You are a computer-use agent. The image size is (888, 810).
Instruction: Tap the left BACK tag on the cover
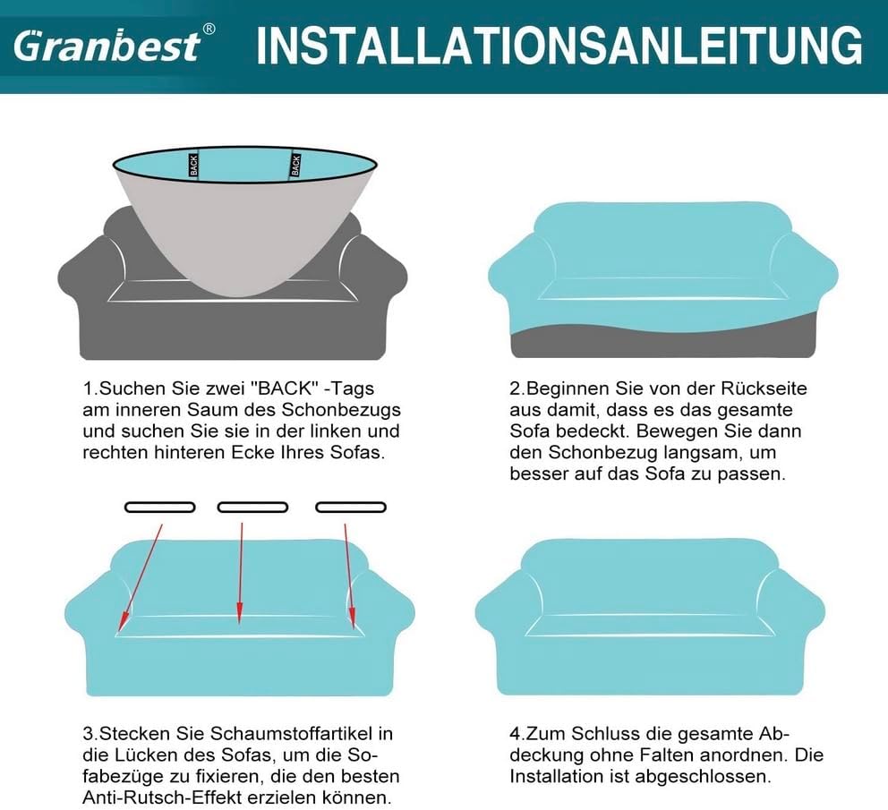coord(192,165)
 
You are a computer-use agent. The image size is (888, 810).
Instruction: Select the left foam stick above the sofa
coord(159,507)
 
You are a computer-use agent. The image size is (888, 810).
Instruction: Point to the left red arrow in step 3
coord(141,573)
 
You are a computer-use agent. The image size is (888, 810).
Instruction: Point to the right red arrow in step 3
coord(349,573)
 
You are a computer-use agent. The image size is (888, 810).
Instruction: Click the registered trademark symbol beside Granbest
coord(209,29)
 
